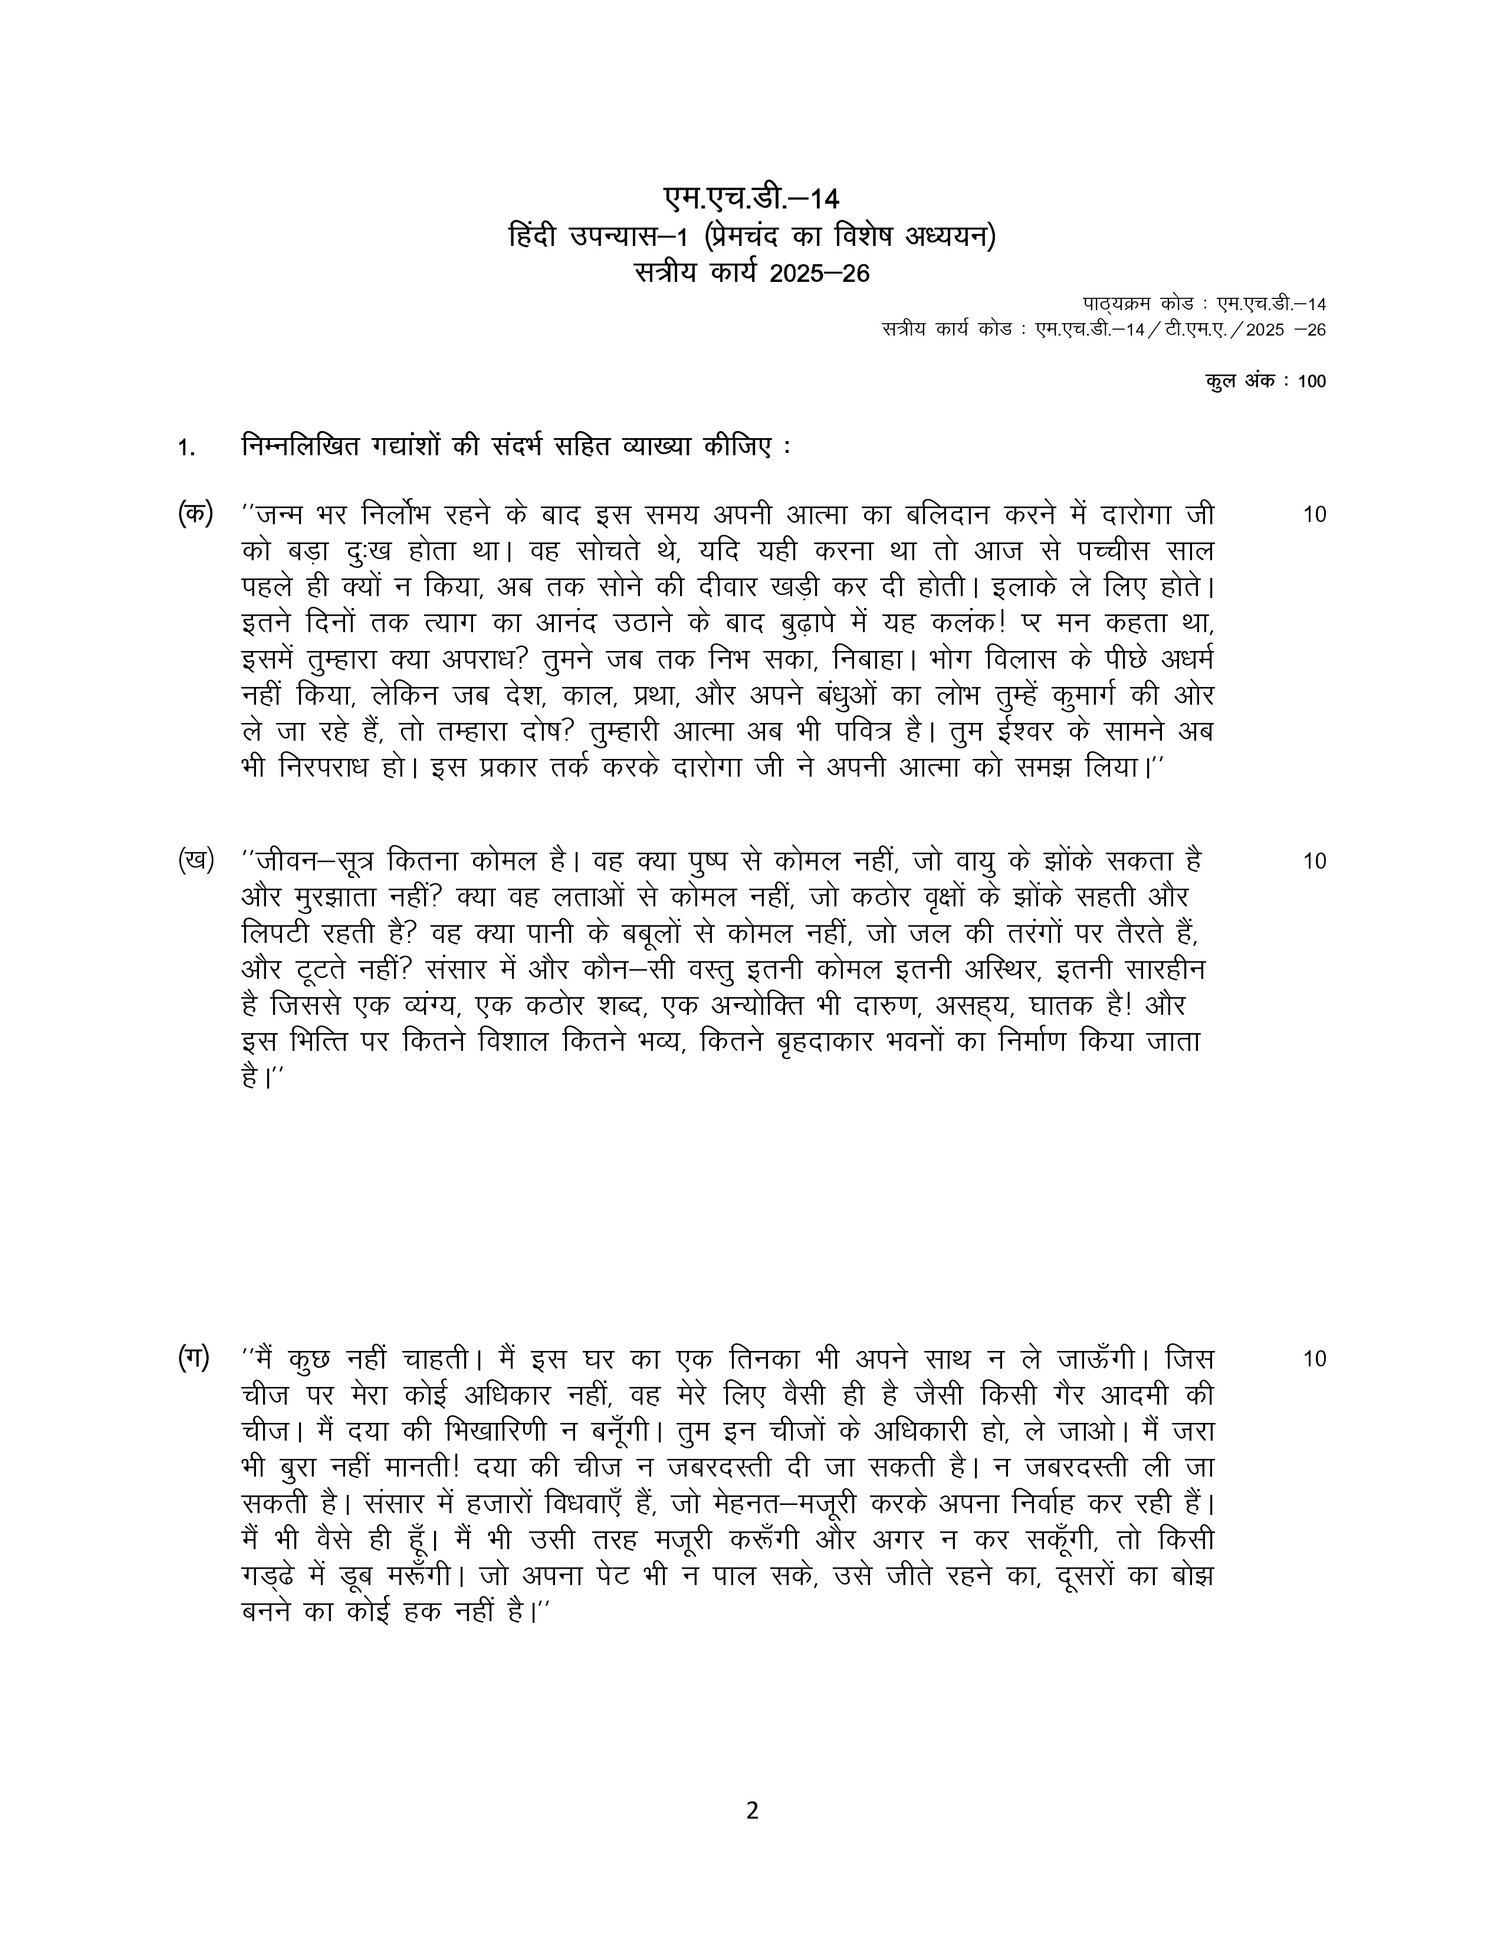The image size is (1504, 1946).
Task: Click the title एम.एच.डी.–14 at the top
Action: pos(751,199)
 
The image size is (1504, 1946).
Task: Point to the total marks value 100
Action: pos(1312,382)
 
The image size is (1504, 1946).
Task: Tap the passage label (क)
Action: pos(195,515)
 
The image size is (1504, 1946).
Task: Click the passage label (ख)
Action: pos(195,861)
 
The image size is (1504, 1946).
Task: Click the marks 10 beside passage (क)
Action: pos(1313,515)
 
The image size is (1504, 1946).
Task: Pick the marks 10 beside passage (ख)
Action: pos(1313,861)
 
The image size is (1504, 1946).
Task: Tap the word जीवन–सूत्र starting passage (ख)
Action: pos(317,861)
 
